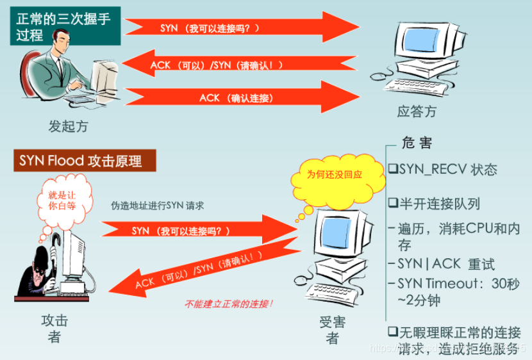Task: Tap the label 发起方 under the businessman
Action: [x=68, y=126]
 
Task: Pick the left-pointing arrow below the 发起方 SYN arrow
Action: [x=237, y=64]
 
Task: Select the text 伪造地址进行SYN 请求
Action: [x=157, y=206]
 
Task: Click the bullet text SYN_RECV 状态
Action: [x=442, y=170]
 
